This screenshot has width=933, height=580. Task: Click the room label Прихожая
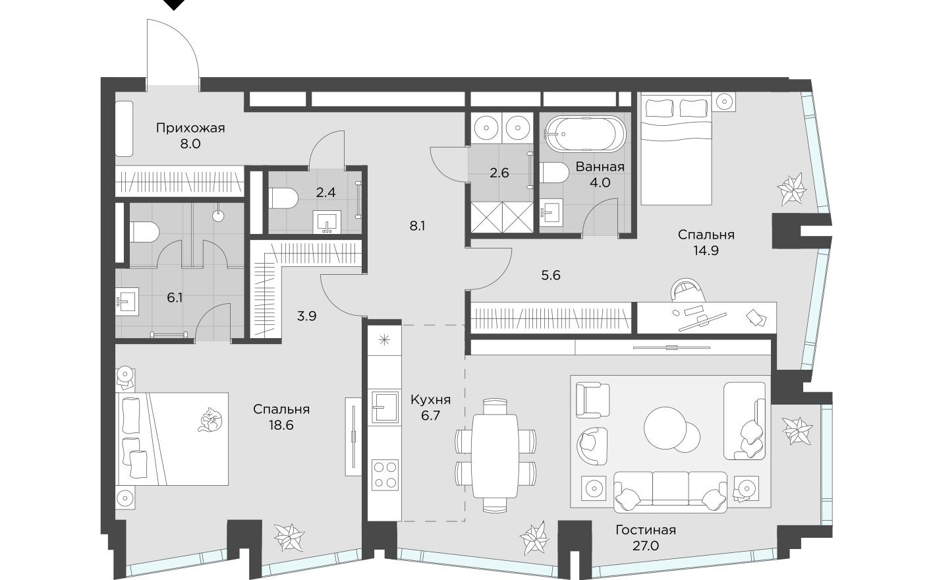190,128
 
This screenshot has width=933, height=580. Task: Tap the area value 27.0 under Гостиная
646,546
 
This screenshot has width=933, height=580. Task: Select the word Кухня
430,399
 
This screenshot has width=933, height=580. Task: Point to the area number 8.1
417,225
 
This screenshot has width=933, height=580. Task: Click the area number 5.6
550,275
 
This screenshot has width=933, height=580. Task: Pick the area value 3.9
306,316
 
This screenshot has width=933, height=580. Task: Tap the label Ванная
600,167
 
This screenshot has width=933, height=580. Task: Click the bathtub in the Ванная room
582,134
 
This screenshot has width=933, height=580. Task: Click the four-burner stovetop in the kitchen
384,475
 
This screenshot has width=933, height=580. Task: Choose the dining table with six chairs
495,454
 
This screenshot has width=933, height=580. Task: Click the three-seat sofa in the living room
670,491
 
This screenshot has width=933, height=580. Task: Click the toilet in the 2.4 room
283,198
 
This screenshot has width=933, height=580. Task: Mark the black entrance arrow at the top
173,5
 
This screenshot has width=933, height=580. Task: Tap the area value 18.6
281,425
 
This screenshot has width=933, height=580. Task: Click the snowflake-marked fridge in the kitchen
384,341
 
